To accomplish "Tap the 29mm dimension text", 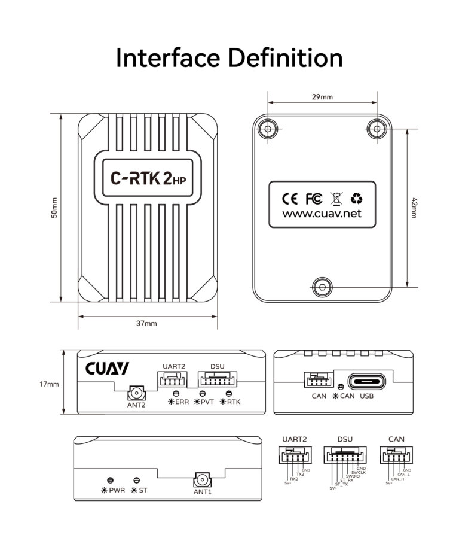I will click(x=323, y=96).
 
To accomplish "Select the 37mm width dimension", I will click(x=146, y=323).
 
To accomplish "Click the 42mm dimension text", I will click(x=414, y=208).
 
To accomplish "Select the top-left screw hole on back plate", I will click(x=267, y=127).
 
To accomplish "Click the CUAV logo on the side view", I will click(x=107, y=369).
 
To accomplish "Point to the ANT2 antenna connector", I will click(x=136, y=394).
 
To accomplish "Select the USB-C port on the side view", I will click(x=366, y=381).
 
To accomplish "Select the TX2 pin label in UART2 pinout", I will click(x=300, y=475).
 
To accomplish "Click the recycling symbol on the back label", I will click(x=356, y=198).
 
